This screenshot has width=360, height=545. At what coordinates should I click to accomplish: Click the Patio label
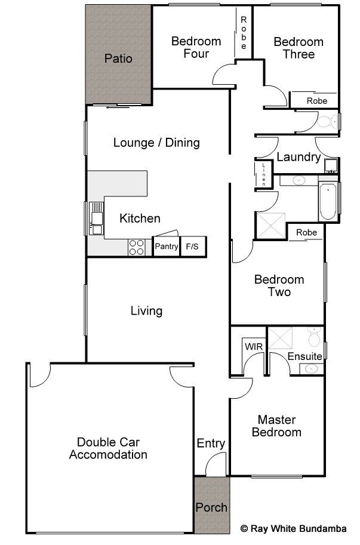(x=118, y=58)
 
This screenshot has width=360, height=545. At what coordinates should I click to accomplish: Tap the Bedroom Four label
(x=196, y=47)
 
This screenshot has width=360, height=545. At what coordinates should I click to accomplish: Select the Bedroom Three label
(x=299, y=48)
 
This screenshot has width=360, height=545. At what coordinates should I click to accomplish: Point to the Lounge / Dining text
(x=156, y=143)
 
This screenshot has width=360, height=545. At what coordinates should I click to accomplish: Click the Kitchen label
(x=140, y=218)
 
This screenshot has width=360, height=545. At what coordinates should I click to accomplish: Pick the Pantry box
(x=167, y=247)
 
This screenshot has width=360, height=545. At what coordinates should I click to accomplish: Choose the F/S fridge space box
(x=193, y=247)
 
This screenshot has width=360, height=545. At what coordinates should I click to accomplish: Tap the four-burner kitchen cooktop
(x=137, y=248)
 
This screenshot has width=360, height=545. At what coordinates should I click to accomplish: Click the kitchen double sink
(x=96, y=218)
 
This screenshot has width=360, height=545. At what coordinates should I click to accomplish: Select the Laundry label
(x=299, y=157)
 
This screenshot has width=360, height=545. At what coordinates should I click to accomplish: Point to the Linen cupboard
(x=263, y=174)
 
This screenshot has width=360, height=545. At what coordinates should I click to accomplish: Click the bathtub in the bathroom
(x=328, y=202)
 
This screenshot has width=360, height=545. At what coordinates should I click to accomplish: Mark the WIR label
(x=254, y=347)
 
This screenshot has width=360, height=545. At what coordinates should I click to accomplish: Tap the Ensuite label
(x=304, y=356)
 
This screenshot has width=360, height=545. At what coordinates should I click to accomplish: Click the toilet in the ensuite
(x=315, y=337)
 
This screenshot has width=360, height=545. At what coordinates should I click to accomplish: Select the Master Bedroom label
(x=276, y=426)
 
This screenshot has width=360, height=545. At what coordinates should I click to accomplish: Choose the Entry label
(x=211, y=444)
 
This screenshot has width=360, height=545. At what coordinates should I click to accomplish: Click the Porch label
(x=211, y=507)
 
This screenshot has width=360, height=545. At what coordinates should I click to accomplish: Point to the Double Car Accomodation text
(x=108, y=448)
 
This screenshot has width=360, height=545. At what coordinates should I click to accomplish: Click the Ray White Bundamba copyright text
(x=294, y=529)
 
